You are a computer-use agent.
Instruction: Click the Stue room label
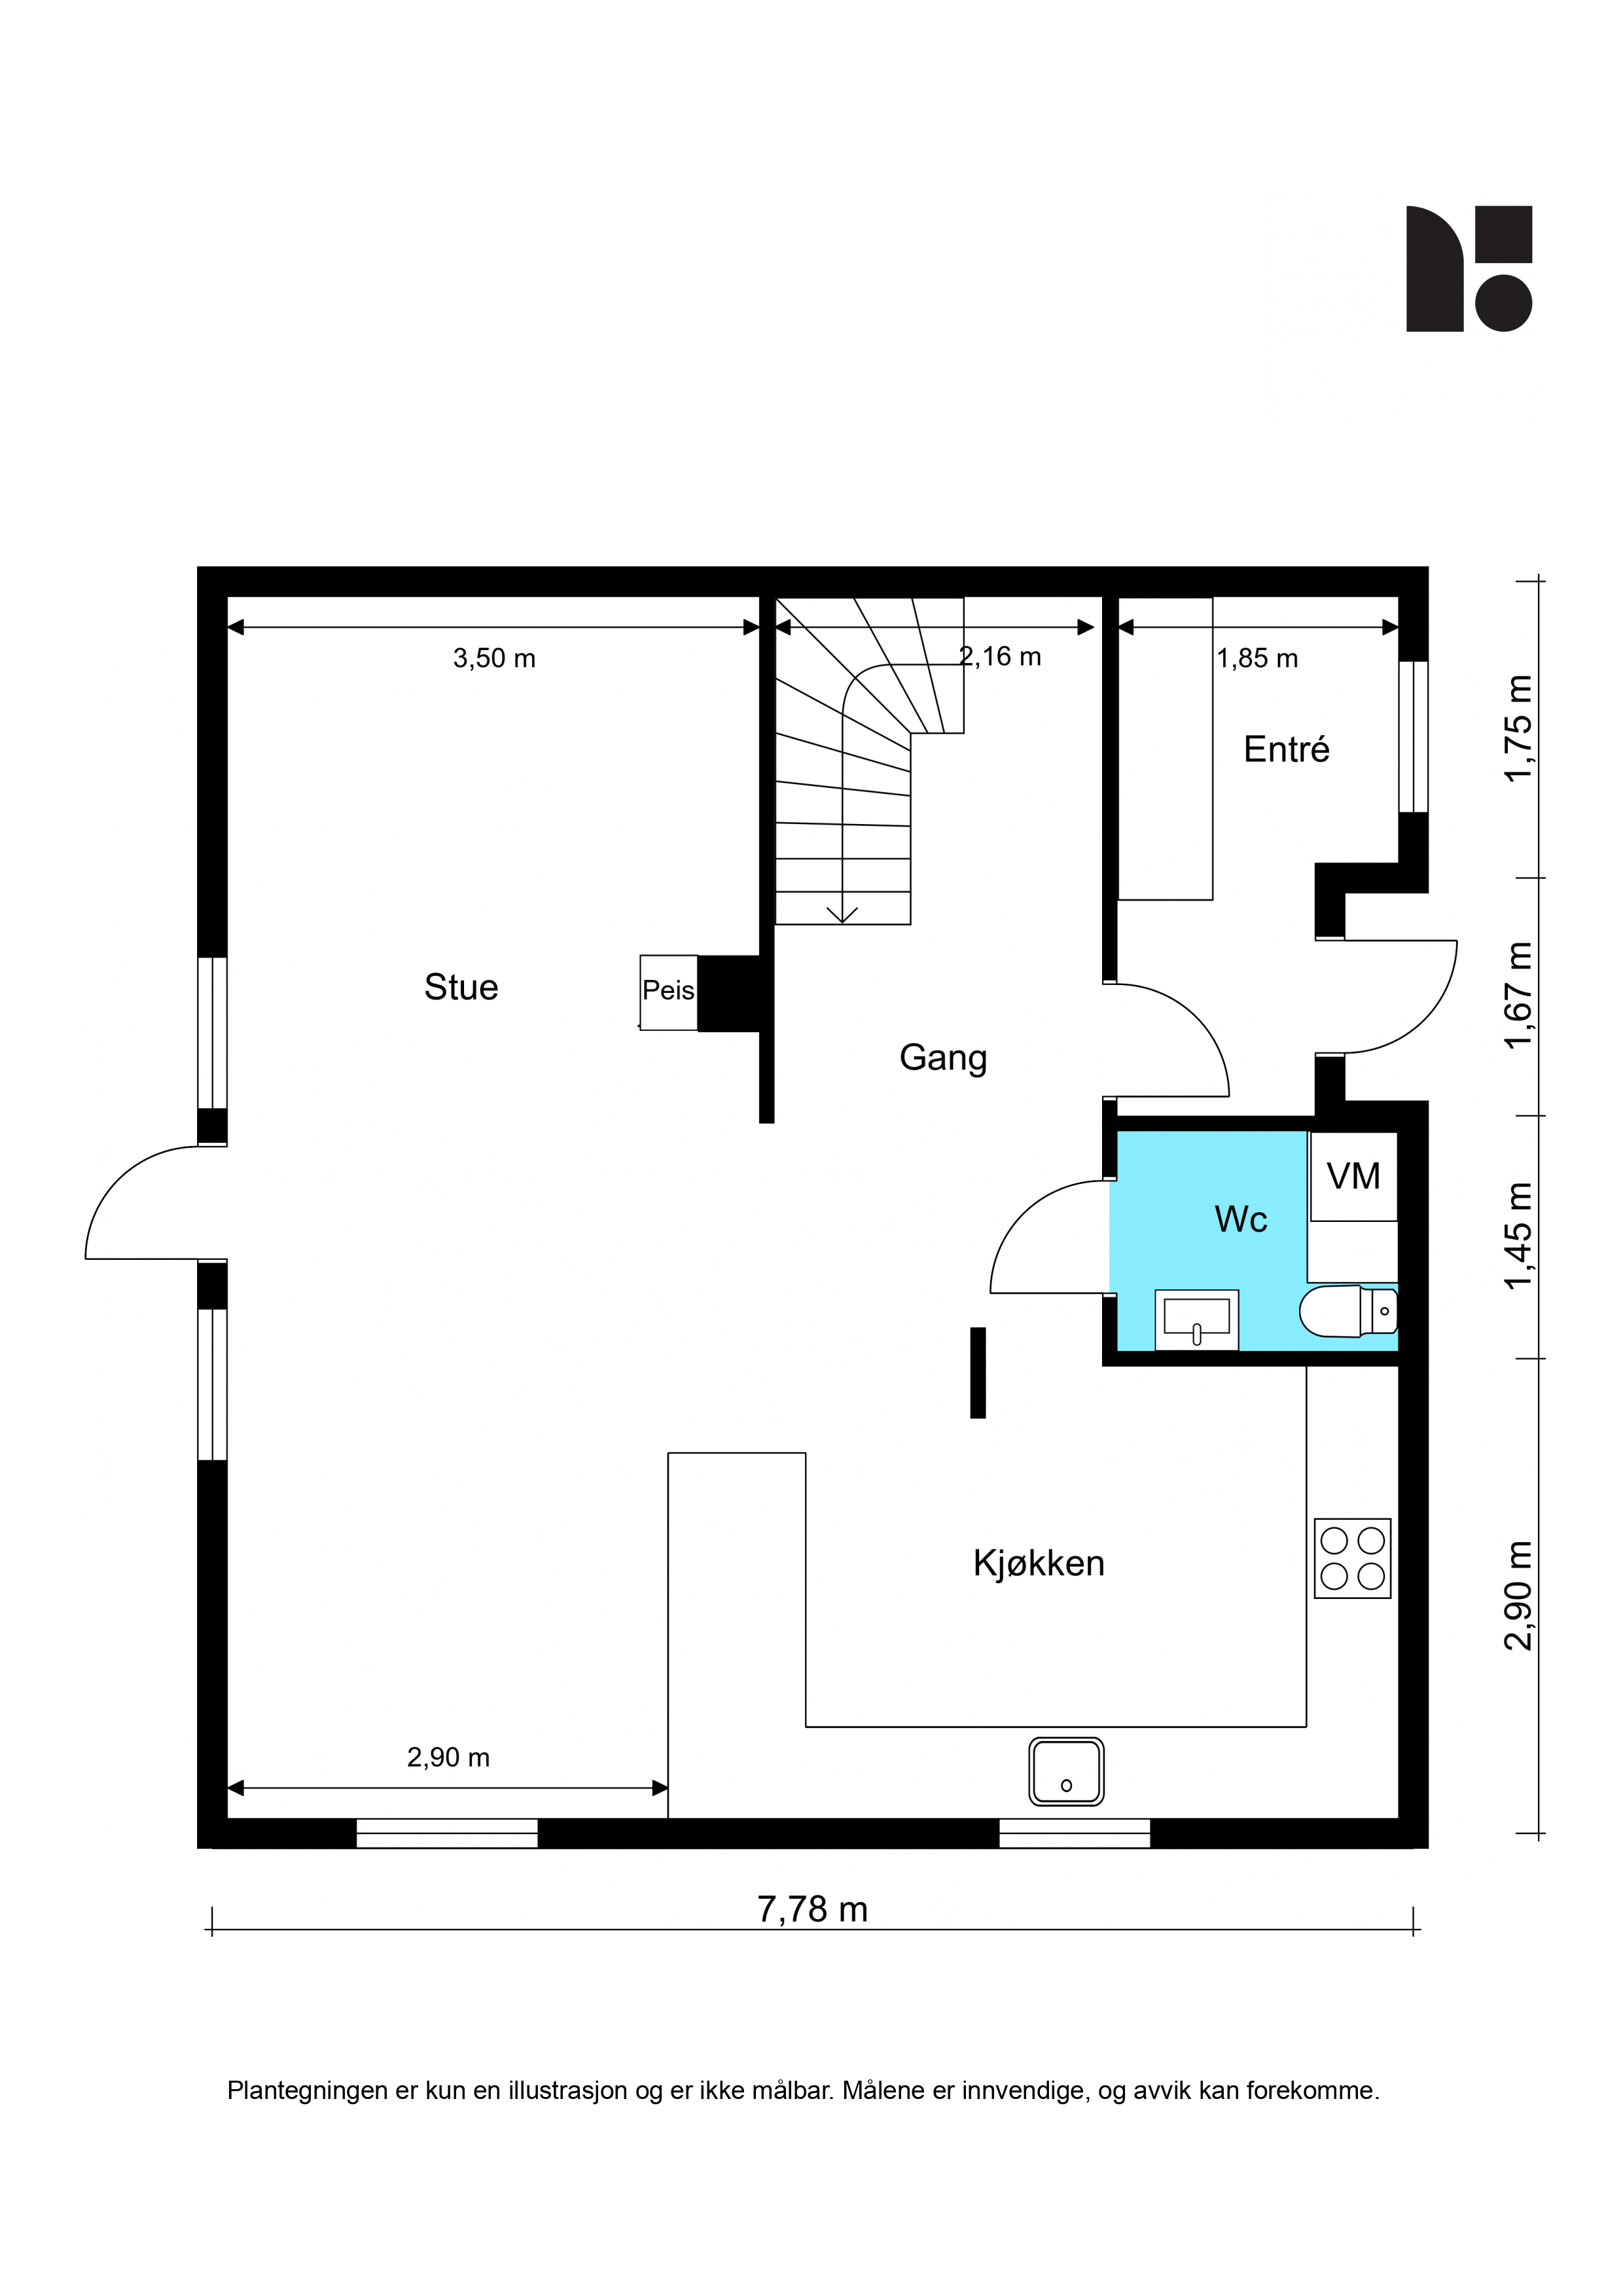pyautogui.click(x=461, y=987)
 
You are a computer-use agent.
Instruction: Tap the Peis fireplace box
pyautogui.click(x=669, y=992)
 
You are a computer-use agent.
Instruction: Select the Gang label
pyautogui.click(x=943, y=1058)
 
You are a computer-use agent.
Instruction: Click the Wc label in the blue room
pyautogui.click(x=1241, y=1219)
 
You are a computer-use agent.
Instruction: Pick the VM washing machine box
pyautogui.click(x=1353, y=1176)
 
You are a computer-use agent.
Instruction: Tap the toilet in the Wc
pyautogui.click(x=1348, y=1311)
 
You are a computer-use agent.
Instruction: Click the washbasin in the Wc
pyautogui.click(x=1196, y=1320)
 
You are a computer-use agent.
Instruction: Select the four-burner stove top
pyautogui.click(x=1352, y=1558)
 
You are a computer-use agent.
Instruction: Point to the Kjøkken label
pyautogui.click(x=1039, y=1563)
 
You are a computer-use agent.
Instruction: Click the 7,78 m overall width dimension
pyautogui.click(x=812, y=1910)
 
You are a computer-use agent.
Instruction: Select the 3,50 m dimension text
pyautogui.click(x=494, y=658)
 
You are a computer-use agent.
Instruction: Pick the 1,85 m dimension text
pyautogui.click(x=1257, y=658)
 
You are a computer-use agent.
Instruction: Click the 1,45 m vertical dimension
pyautogui.click(x=1517, y=1236)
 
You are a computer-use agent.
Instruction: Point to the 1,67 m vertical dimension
pyautogui.click(x=1517, y=996)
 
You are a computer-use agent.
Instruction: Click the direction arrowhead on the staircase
pyautogui.click(x=842, y=913)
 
